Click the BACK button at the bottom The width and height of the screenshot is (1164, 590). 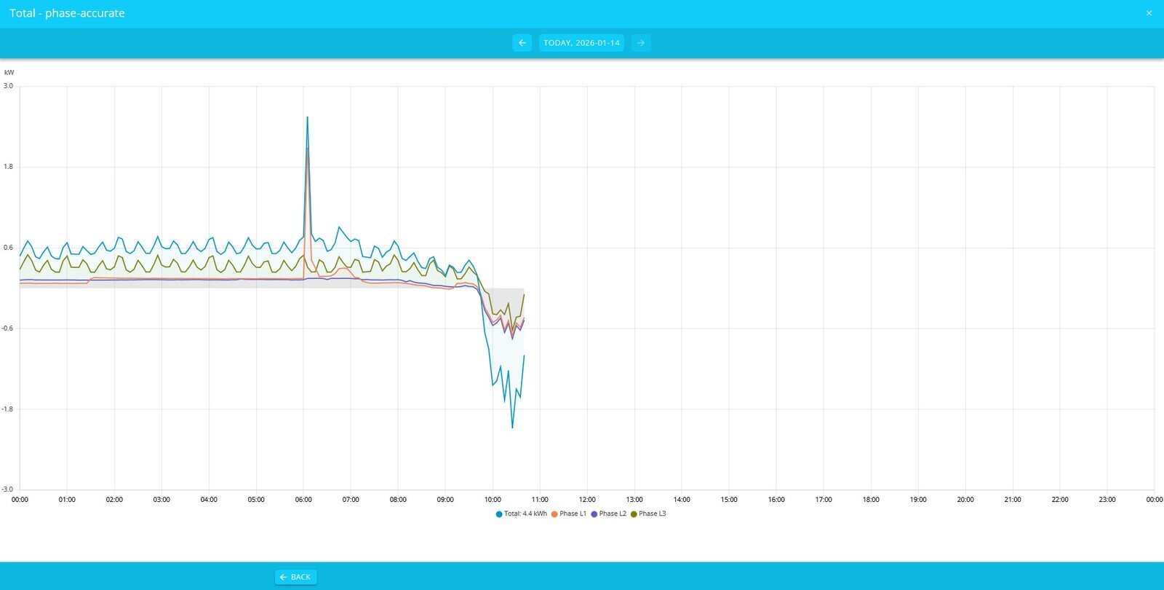click(295, 577)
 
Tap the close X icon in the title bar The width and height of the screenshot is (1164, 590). click(1149, 13)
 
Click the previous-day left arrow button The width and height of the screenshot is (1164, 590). click(522, 43)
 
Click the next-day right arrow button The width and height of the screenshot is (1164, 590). click(641, 43)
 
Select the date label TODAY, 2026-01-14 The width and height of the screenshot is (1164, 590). click(581, 43)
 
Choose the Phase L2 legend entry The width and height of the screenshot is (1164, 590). click(608, 514)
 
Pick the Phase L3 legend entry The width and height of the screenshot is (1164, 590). click(648, 514)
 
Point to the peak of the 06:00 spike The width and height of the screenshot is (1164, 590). click(307, 117)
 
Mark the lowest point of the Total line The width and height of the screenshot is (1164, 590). click(512, 428)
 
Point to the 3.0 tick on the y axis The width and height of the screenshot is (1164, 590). click(8, 86)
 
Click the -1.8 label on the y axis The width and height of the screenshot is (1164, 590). click(7, 409)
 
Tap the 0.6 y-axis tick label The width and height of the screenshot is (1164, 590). click(8, 248)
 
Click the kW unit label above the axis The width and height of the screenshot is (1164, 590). click(9, 73)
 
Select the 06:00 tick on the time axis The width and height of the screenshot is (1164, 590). click(303, 500)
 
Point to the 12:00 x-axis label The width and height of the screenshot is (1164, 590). click(587, 500)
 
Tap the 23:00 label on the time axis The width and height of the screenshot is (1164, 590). click(1107, 500)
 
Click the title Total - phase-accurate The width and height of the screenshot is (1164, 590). click(67, 13)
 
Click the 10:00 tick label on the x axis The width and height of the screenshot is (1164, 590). click(493, 500)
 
